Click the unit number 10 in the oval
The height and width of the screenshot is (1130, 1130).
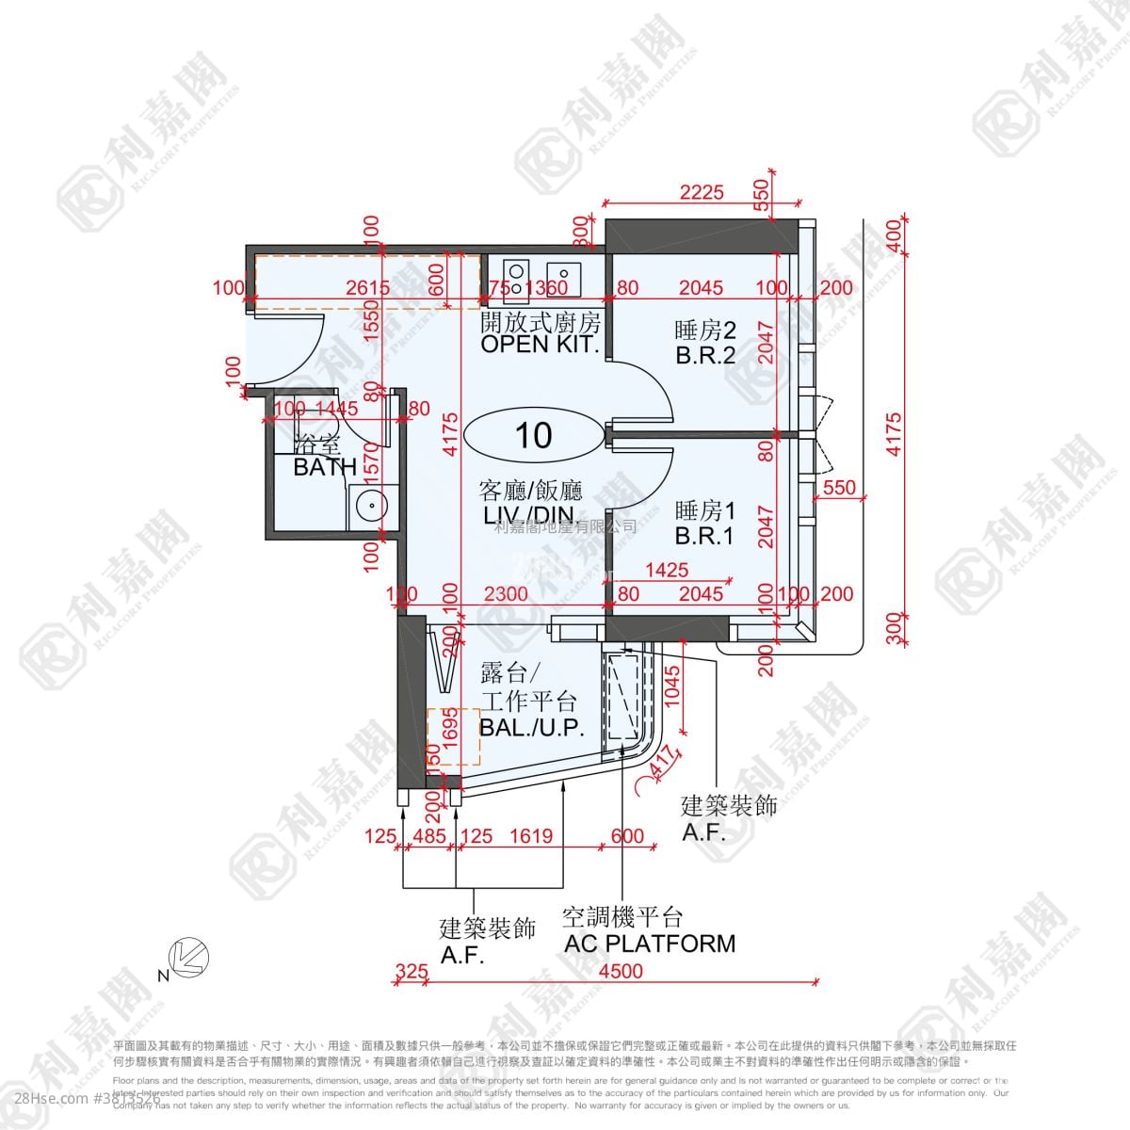pos(533,435)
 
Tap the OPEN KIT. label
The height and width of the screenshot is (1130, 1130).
pos(540,344)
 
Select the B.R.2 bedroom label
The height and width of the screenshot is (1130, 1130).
pos(704,356)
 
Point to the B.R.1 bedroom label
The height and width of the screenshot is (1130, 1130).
pos(704,537)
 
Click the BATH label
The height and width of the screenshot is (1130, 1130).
pos(325,466)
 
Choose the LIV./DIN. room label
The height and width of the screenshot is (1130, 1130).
pos(531,515)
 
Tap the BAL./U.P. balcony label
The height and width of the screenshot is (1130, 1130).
pos(532,727)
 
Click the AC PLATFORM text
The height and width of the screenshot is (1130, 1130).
pos(649,944)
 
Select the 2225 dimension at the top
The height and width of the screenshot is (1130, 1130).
pos(702,192)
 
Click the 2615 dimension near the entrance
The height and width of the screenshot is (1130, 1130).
pos(341,288)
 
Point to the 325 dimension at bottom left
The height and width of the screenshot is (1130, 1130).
pos(411,971)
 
